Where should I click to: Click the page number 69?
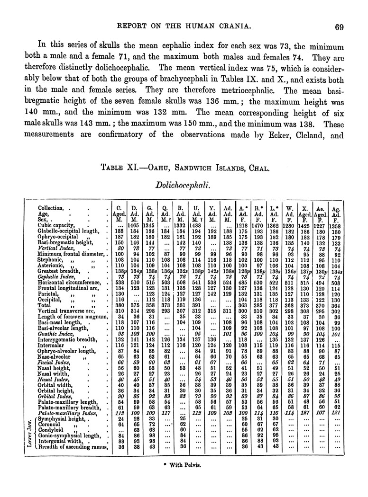point(338,27)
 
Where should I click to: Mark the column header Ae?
point(320,208)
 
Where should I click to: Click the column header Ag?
point(336,209)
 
